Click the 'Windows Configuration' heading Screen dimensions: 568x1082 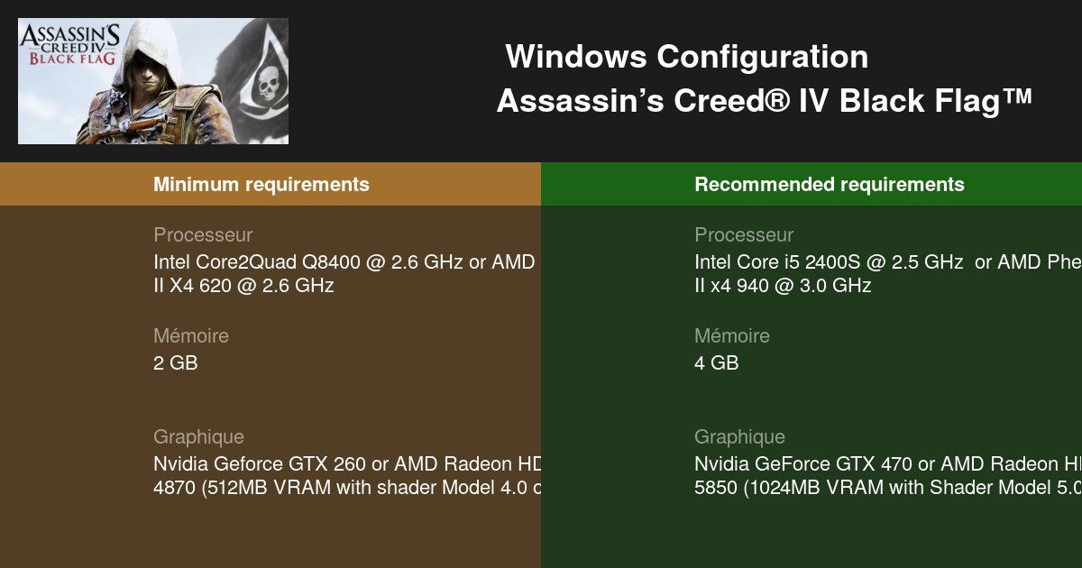(686, 57)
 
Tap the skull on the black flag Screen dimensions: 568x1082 (266, 85)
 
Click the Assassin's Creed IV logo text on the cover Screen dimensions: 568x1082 (69, 44)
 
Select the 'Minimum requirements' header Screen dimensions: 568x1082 (261, 185)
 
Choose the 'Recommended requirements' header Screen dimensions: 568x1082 (829, 185)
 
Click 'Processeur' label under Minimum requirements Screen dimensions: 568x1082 (203, 235)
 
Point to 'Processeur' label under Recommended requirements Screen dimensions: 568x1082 (744, 235)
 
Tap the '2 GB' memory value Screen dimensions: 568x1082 (175, 363)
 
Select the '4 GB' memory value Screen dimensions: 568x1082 (716, 363)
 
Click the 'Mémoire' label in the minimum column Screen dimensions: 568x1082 (191, 336)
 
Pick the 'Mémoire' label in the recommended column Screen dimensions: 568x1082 (732, 336)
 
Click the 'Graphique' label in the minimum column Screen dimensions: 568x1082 (198, 437)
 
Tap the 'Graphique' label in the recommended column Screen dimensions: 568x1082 (739, 437)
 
